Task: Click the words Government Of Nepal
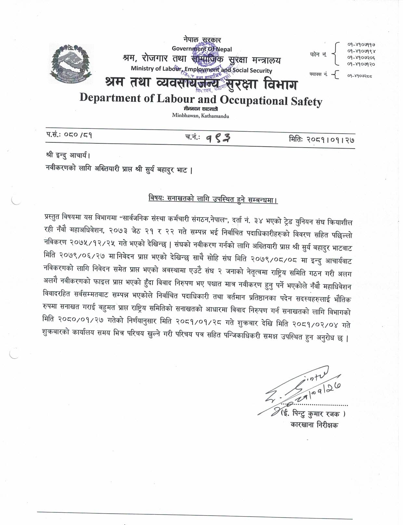(x=202, y=49)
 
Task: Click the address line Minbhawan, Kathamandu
(x=201, y=116)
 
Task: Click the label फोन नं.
(x=318, y=55)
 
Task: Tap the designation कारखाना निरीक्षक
(x=314, y=425)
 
